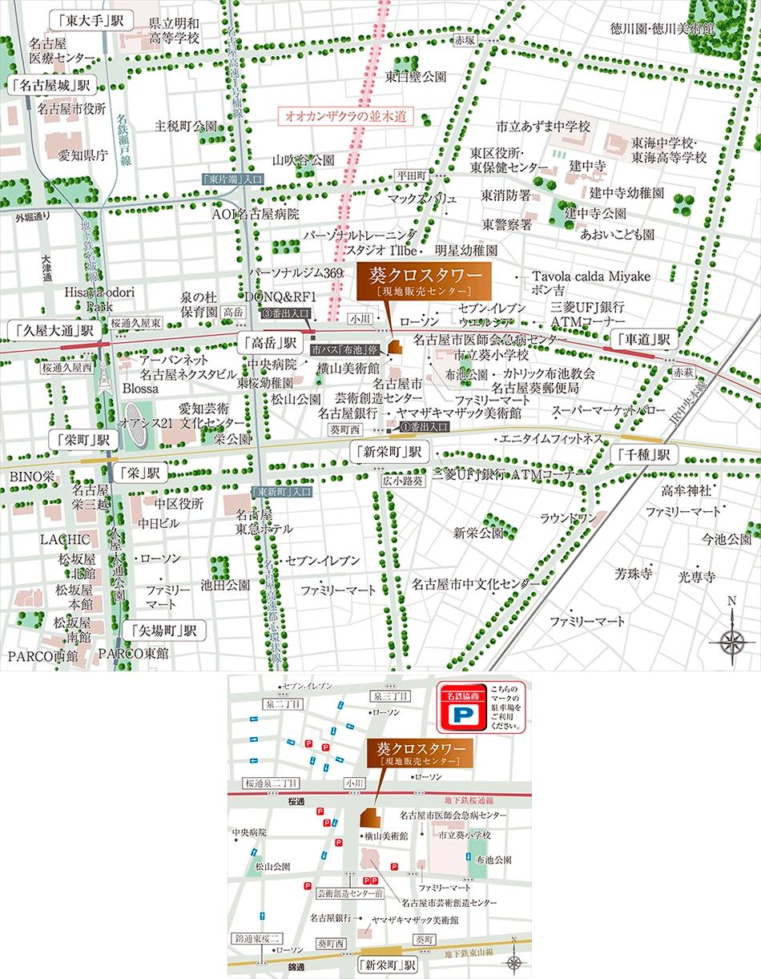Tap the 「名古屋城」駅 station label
[x=50, y=84]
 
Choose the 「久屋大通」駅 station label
[x=52, y=329]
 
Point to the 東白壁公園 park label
[x=415, y=77]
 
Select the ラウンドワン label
[x=568, y=518]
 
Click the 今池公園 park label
[x=727, y=538]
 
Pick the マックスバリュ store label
[x=421, y=198]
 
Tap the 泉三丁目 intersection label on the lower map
[x=390, y=695]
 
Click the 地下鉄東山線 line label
[x=471, y=953]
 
